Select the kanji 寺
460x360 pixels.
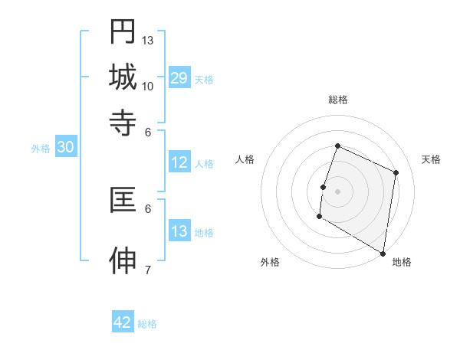click(x=123, y=122)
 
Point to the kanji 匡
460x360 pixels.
click(x=123, y=201)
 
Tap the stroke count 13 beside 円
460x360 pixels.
click(x=148, y=40)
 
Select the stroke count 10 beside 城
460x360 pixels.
click(x=148, y=86)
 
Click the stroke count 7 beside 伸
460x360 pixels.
click(x=147, y=270)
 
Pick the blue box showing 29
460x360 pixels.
click(x=179, y=78)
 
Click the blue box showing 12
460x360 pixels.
click(x=179, y=162)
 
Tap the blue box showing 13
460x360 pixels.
click(x=179, y=231)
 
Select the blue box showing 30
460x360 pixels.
click(x=65, y=148)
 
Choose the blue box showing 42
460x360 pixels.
click(x=123, y=322)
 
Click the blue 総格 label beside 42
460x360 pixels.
click(x=147, y=324)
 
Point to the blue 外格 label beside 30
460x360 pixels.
click(x=40, y=149)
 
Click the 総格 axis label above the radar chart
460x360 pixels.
click(x=338, y=100)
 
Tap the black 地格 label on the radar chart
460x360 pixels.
click(x=402, y=262)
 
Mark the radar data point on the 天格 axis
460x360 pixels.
click(x=396, y=172)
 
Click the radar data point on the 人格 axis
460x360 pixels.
click(x=323, y=187)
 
